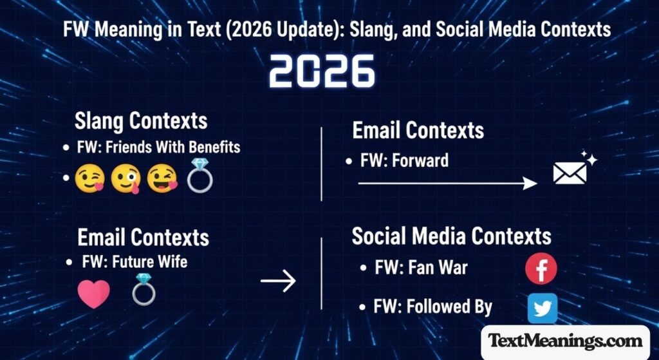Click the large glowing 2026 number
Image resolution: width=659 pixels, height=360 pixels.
pos(322,71)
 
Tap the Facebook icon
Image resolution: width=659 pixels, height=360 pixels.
pos(541,269)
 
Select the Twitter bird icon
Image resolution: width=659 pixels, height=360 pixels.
pos(542,308)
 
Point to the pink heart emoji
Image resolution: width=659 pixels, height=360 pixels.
pos(93,294)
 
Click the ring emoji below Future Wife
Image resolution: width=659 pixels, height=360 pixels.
pos(143,290)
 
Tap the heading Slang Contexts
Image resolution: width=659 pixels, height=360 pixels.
pos(141,120)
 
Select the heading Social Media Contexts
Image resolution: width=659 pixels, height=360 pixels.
pos(451,236)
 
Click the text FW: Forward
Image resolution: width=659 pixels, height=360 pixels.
pos(404,160)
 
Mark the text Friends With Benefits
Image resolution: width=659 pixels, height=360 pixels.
pos(173,147)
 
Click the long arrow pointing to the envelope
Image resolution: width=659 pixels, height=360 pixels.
pos(447,184)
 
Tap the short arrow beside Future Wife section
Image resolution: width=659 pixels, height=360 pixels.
pos(277,280)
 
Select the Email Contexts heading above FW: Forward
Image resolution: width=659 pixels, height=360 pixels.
pos(418,130)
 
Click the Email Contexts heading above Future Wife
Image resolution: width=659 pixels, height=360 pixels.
pos(143,237)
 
